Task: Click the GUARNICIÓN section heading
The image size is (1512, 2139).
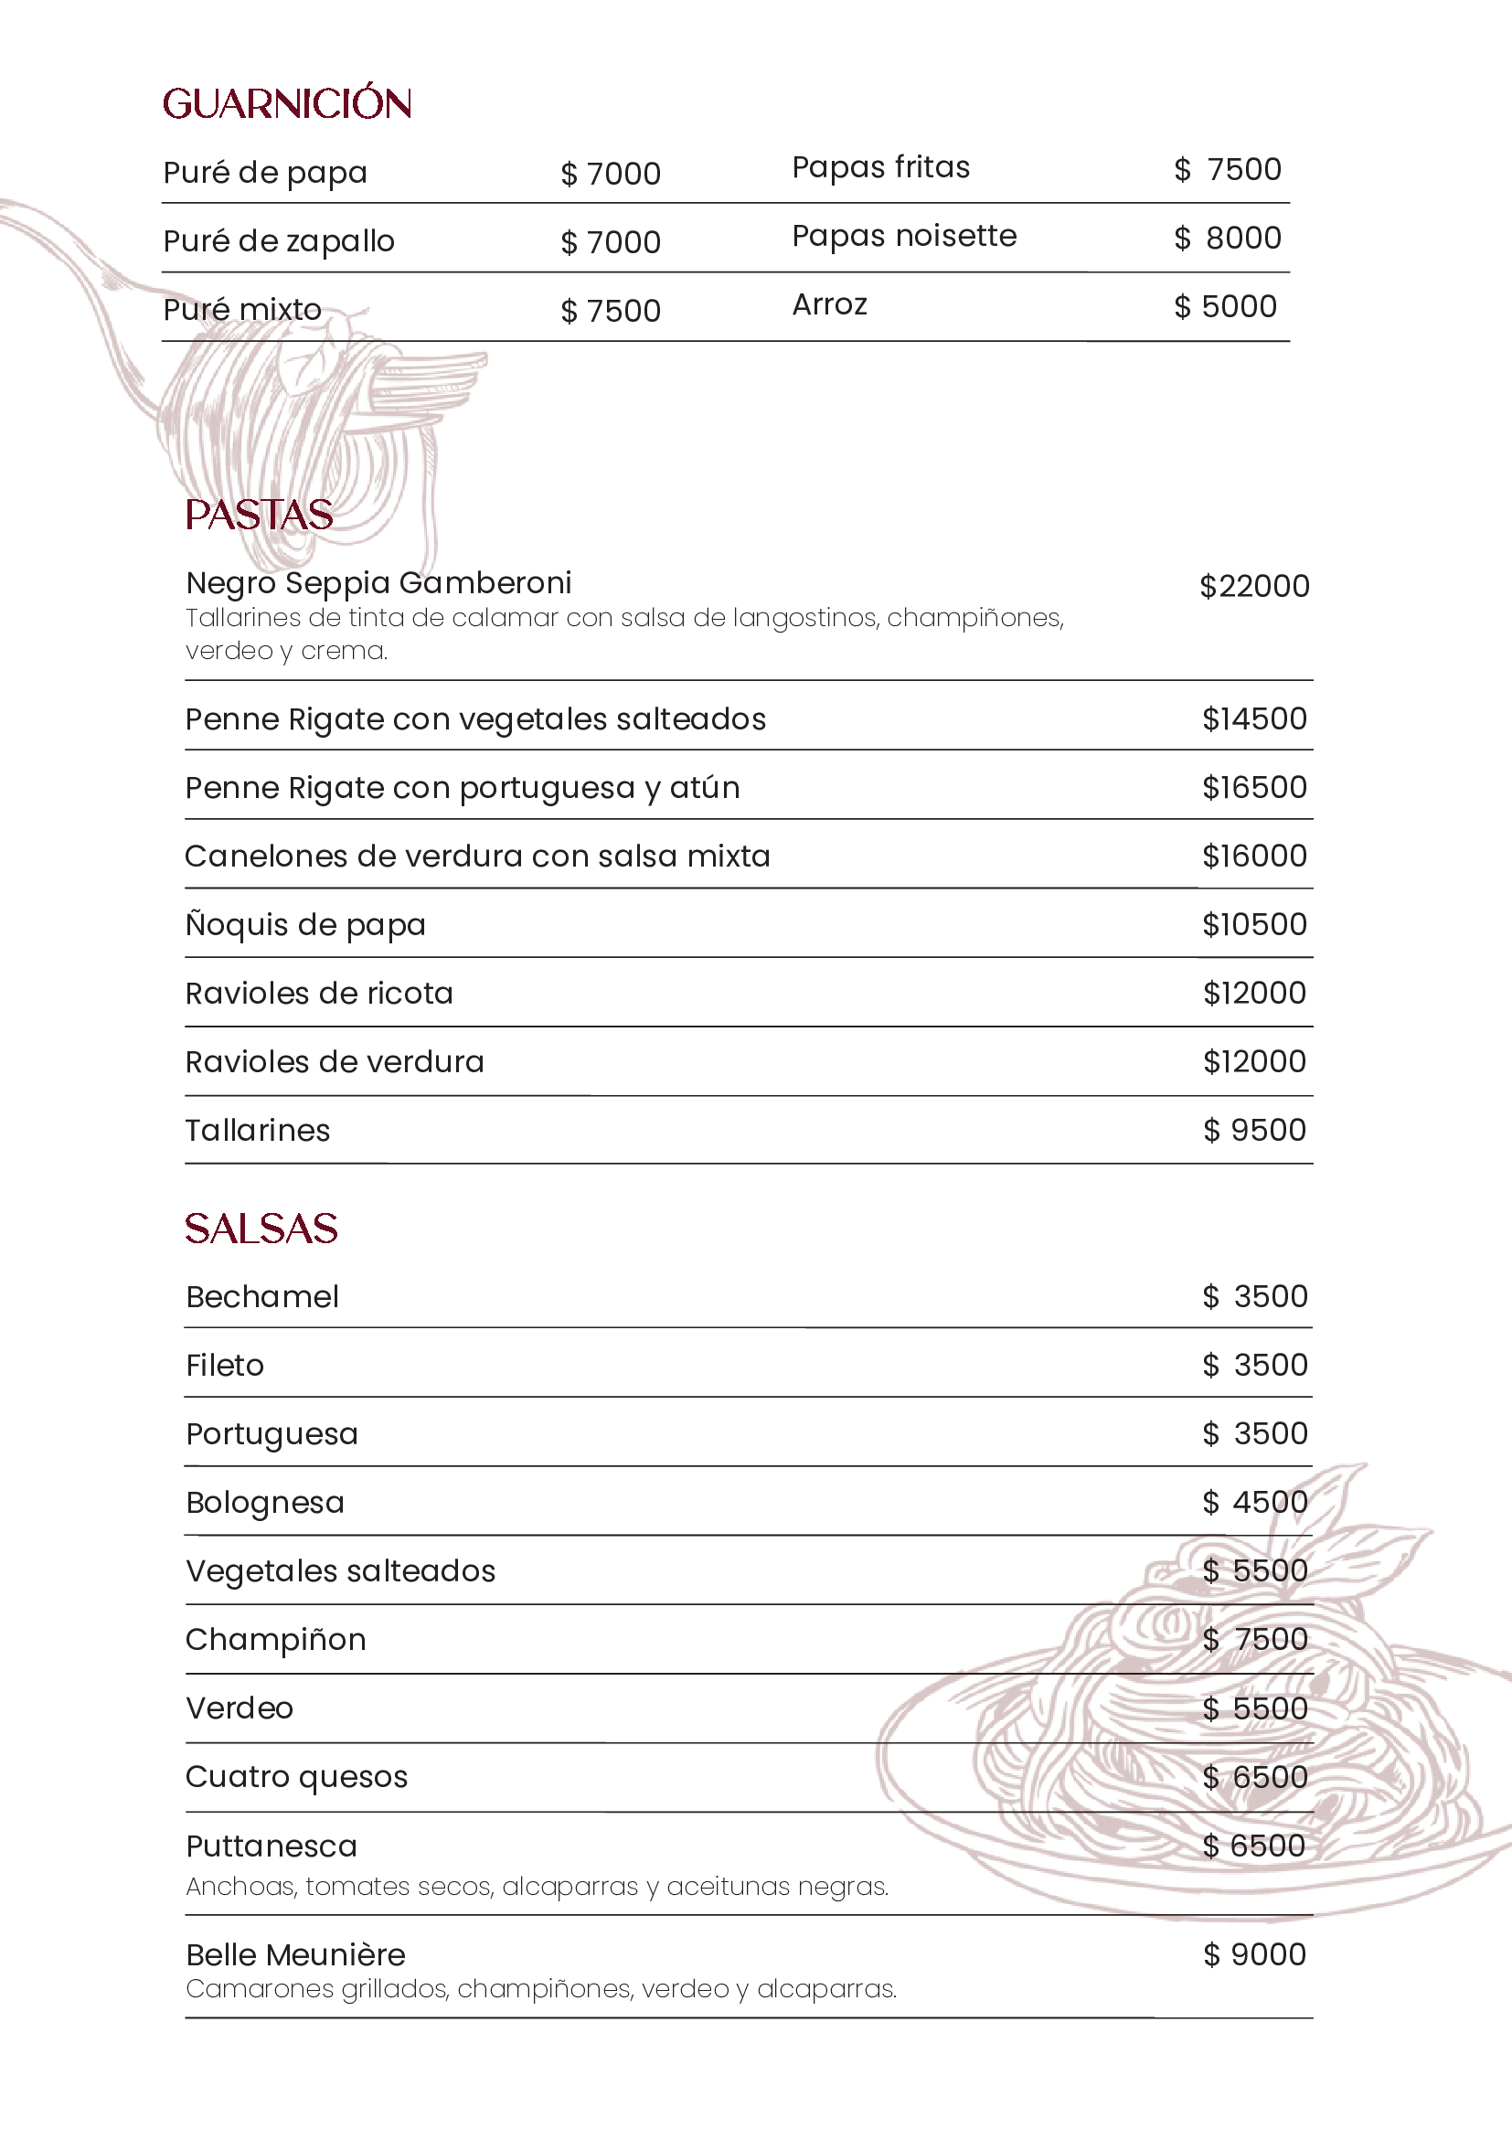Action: click(x=287, y=103)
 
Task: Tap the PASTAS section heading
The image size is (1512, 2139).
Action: click(x=259, y=516)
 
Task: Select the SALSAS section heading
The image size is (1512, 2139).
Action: click(x=261, y=1229)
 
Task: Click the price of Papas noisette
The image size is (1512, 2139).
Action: click(x=1227, y=239)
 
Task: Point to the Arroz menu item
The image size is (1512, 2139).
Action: click(x=829, y=305)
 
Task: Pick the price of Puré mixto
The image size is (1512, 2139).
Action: click(x=611, y=311)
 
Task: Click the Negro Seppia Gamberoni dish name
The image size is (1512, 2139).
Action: click(x=378, y=583)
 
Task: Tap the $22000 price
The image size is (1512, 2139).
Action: click(x=1254, y=587)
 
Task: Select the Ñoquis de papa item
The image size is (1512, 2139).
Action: click(x=305, y=925)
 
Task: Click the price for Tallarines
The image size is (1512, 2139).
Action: click(x=1254, y=1130)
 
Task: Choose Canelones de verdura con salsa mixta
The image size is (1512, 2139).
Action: click(x=477, y=857)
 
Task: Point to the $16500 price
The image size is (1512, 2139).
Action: click(x=1254, y=788)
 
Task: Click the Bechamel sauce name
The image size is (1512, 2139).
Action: click(x=261, y=1297)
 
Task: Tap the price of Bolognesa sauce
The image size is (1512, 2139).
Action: click(x=1254, y=1503)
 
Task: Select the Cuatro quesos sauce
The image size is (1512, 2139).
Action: click(x=296, y=1777)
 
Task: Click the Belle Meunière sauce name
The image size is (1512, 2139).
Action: click(x=295, y=1954)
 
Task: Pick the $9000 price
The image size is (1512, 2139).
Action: click(x=1254, y=1954)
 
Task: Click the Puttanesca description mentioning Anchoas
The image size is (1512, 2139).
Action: click(x=537, y=1887)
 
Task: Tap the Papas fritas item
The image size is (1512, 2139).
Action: click(x=880, y=167)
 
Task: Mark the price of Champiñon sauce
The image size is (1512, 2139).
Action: click(x=1254, y=1640)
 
